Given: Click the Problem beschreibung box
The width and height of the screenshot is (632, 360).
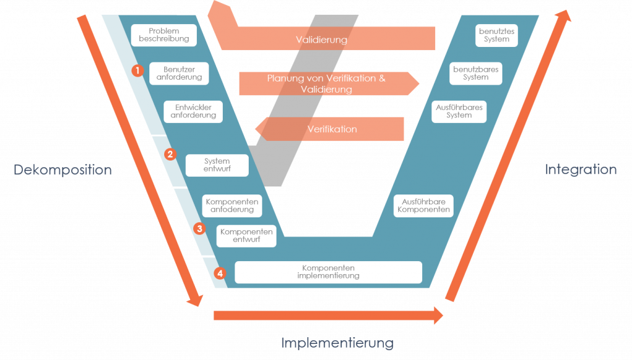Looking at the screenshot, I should click(x=164, y=35).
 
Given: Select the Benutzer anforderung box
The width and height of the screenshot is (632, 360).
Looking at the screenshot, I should click(x=179, y=73).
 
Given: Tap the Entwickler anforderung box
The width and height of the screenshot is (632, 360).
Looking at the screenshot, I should click(x=193, y=112).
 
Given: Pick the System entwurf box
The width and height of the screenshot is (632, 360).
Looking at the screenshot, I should click(x=217, y=165).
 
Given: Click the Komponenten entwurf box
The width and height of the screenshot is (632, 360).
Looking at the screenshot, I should click(x=246, y=236).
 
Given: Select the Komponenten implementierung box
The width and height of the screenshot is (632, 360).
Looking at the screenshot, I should click(x=328, y=272).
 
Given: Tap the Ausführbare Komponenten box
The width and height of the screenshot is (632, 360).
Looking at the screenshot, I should click(x=423, y=206).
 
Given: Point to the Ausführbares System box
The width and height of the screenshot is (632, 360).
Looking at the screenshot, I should click(x=459, y=112).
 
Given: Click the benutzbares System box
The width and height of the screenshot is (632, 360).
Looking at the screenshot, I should click(x=475, y=73).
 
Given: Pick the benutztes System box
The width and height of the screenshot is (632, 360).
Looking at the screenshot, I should click(x=497, y=35).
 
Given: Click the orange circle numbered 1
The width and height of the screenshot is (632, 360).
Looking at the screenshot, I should click(x=138, y=70).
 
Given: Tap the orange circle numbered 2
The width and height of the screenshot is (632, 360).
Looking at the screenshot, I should click(x=171, y=154).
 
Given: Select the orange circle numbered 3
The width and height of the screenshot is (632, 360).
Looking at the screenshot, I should click(x=199, y=228).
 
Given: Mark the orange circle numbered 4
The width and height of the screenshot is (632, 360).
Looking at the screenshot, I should click(x=220, y=272).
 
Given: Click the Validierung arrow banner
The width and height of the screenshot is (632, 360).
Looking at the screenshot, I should click(x=322, y=40).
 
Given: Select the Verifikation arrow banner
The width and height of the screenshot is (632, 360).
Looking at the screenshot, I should click(x=332, y=130).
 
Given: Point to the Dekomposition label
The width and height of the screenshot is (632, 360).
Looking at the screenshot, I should click(x=63, y=170).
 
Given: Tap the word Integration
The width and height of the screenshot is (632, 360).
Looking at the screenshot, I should click(x=580, y=169).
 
